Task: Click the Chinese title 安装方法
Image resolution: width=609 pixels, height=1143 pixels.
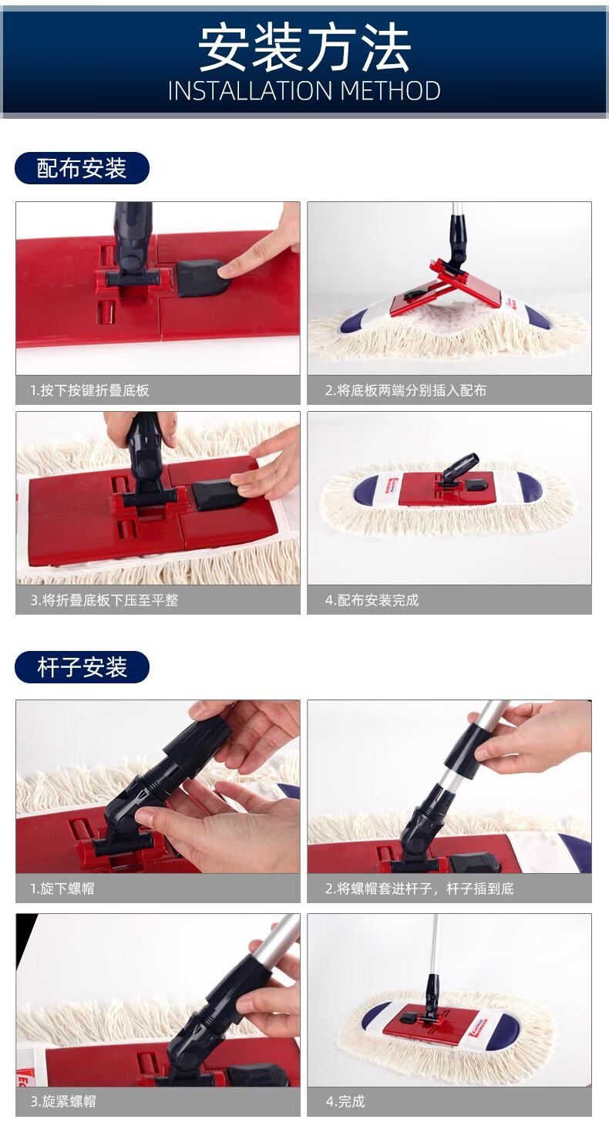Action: [x=304, y=49]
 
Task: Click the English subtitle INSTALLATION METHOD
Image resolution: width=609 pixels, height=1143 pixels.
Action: [x=304, y=91]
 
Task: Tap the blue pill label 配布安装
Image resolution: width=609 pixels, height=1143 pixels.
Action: [x=82, y=168]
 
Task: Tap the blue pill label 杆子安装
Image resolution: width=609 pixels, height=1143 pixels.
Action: [x=82, y=667]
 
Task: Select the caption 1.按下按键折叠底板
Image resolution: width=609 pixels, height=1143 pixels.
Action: [x=89, y=390]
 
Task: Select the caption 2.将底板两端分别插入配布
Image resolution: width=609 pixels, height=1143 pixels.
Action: [x=405, y=390]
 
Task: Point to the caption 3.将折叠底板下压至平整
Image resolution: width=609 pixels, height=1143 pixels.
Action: [x=104, y=599]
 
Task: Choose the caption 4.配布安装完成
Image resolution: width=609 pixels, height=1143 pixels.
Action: [x=372, y=599]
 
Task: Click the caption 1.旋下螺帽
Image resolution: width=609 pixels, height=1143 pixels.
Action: [x=62, y=888]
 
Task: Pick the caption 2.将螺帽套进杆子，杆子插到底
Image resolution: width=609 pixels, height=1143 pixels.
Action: [x=419, y=888]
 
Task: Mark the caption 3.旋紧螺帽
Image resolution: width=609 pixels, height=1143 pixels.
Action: [x=62, y=1101]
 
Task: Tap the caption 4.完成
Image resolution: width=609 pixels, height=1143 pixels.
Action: [x=345, y=1101]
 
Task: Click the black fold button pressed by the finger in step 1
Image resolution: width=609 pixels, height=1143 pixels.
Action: [x=200, y=278]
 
